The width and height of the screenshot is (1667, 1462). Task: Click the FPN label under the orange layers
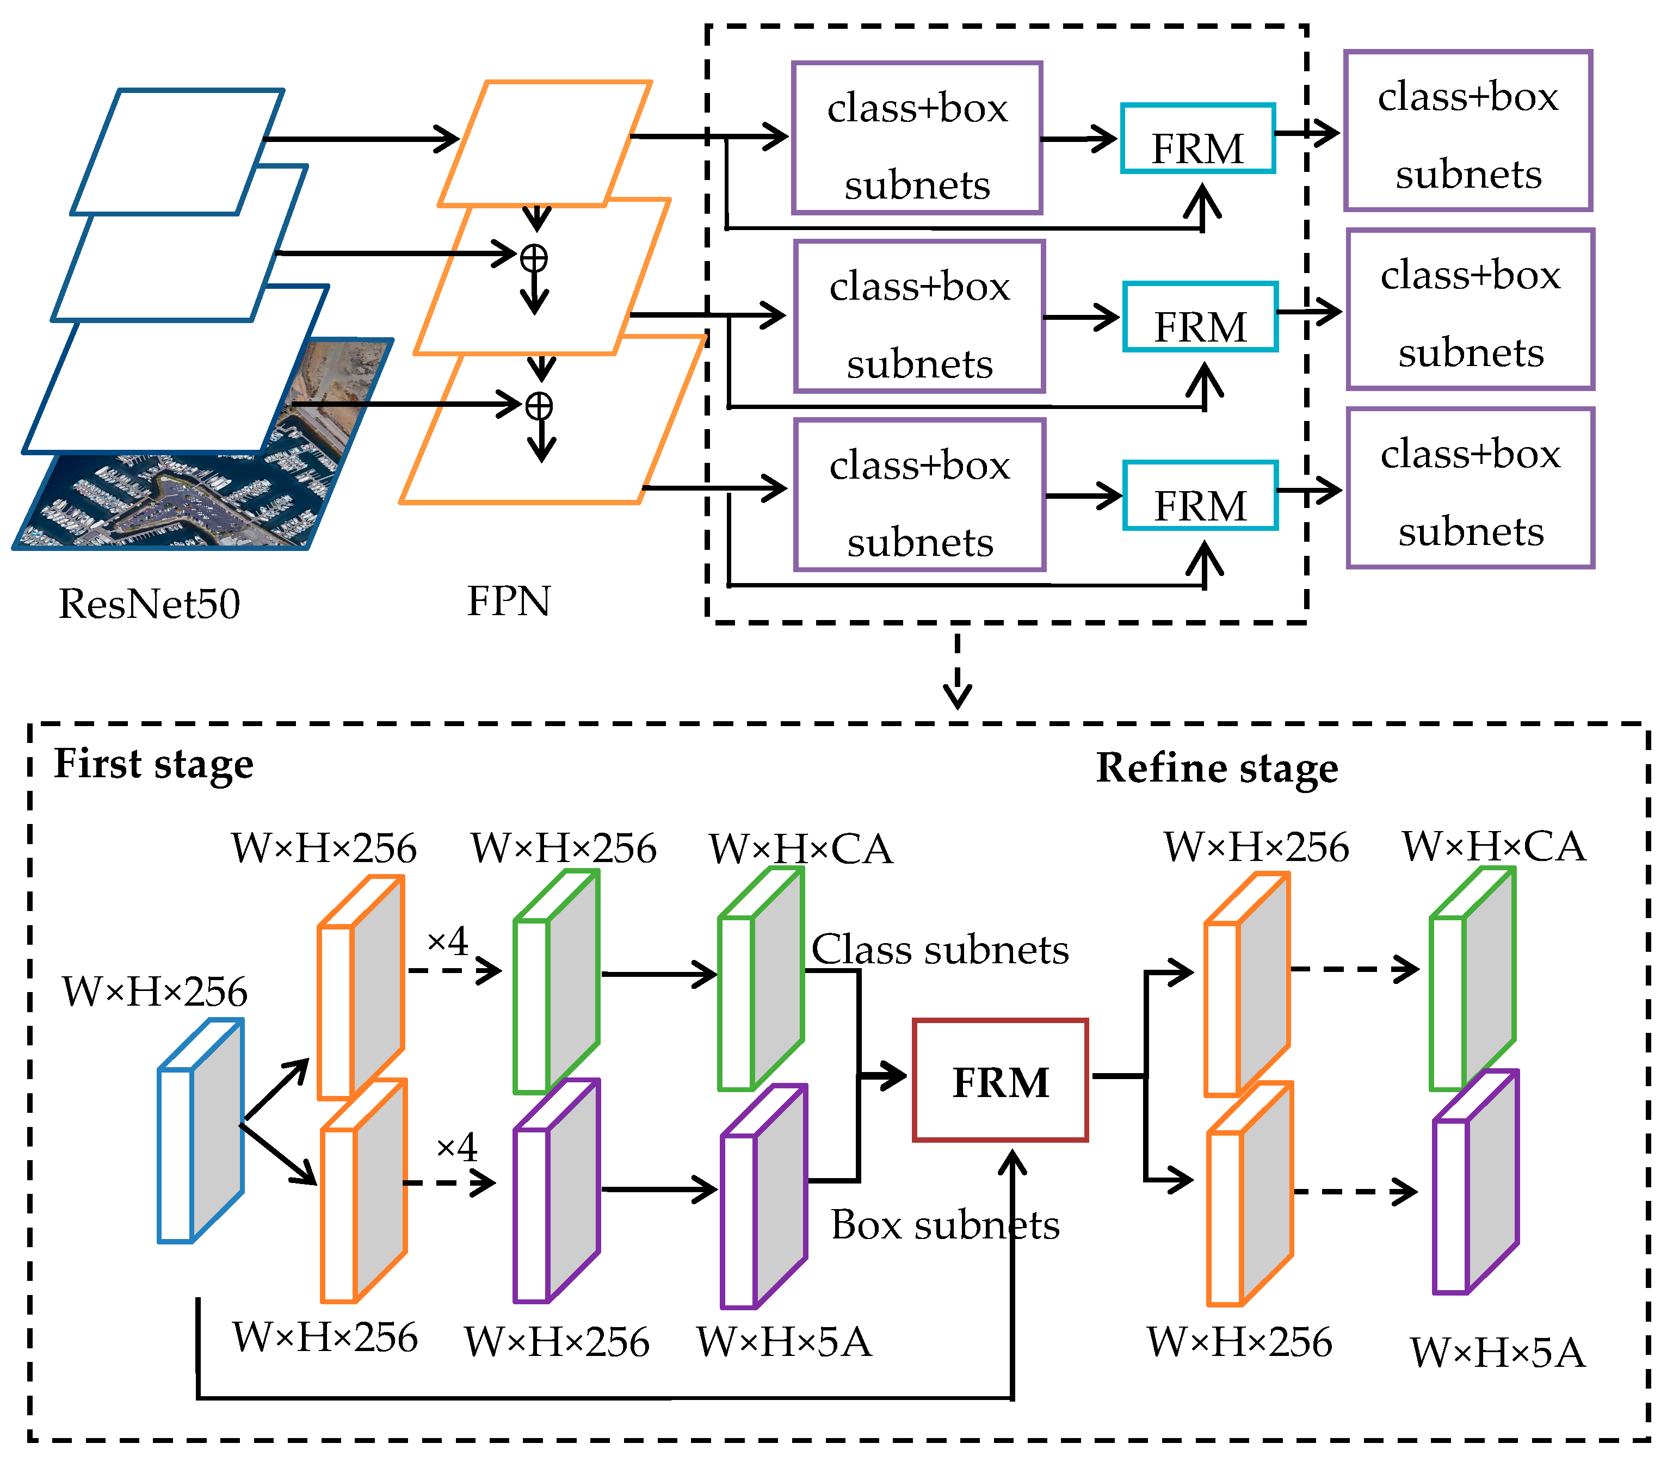508,602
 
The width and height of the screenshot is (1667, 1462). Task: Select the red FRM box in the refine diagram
1000,1080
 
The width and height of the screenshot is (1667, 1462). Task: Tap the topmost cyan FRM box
1197,139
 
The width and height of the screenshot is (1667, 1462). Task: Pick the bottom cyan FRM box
1200,495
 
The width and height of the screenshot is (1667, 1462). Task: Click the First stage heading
153,765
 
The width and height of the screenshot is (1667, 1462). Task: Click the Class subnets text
940,950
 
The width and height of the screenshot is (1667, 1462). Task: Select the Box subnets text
944,1225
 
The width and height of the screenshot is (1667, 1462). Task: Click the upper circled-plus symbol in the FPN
534,258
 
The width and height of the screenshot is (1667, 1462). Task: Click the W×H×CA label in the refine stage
1493,847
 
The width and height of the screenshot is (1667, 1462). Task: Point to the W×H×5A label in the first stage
784,1342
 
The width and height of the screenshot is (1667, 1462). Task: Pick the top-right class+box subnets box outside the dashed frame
1467,131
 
